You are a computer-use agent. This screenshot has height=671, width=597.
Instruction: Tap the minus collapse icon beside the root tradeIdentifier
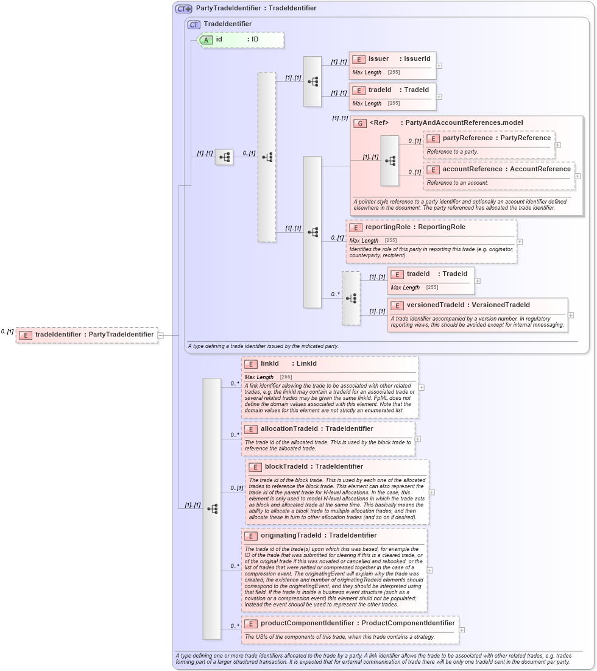point(160,335)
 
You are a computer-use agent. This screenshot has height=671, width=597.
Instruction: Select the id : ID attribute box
point(241,40)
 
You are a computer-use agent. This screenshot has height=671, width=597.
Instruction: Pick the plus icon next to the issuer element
point(439,66)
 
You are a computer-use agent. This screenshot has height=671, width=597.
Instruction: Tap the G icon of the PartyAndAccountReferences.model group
point(360,123)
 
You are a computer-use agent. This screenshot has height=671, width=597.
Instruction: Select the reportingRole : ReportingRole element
point(415,227)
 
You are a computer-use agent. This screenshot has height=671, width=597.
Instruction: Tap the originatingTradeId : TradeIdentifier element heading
point(318,536)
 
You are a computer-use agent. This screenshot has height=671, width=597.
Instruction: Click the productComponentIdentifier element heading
point(357,623)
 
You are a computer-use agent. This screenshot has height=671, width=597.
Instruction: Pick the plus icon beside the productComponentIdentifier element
point(461,630)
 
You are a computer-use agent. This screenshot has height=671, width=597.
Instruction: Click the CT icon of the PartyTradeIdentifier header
point(183,9)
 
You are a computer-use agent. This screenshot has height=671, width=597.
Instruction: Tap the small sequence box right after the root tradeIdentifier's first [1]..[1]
point(224,157)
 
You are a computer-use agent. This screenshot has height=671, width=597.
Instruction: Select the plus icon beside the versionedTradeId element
point(570,315)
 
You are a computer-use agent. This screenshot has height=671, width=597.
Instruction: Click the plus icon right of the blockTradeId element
point(431,492)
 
